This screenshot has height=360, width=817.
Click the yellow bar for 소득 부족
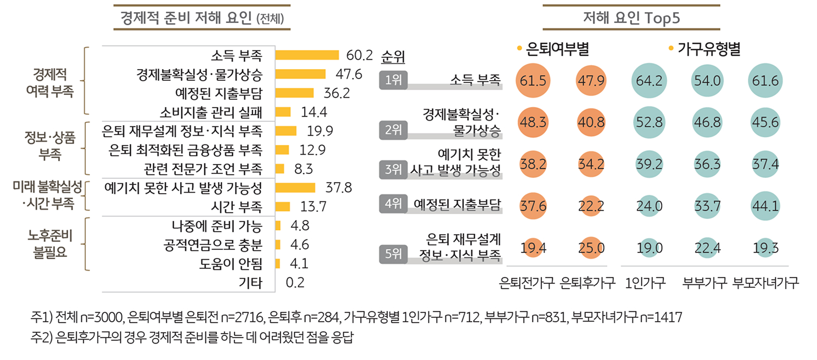coord(306,55)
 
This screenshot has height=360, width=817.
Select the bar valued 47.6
coord(300,74)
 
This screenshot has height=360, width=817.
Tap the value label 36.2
coord(338,93)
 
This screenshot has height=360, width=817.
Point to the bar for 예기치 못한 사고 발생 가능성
coord(295,188)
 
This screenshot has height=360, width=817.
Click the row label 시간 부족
coord(236,207)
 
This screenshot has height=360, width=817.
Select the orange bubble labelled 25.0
coord(592,249)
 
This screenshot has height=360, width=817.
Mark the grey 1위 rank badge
coord(393,81)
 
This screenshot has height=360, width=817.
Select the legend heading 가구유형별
coord(709,49)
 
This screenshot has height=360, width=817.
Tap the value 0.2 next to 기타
coord(295,283)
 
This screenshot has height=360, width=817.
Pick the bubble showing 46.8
coord(707,122)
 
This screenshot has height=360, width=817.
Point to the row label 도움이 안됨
coord(231,264)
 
